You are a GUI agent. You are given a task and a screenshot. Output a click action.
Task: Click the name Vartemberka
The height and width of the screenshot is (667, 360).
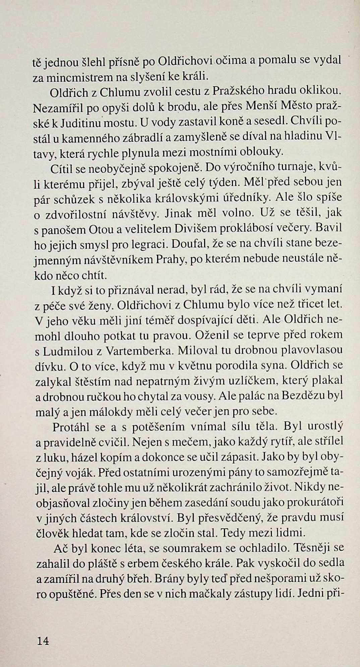tap(139, 351)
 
